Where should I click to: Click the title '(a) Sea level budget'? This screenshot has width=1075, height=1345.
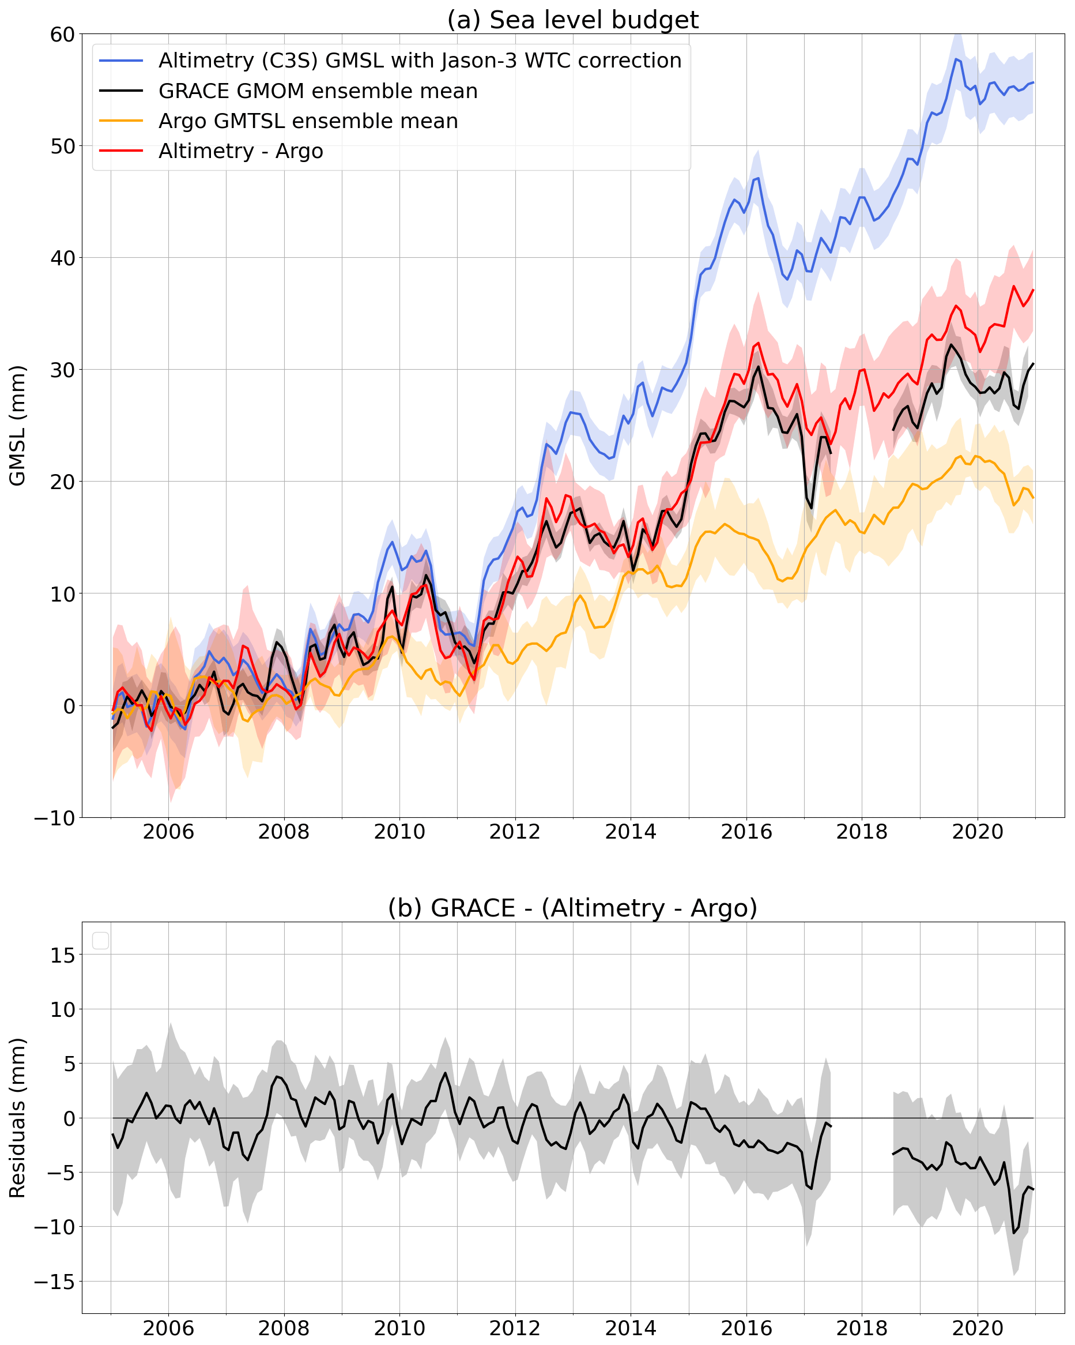coord(572,20)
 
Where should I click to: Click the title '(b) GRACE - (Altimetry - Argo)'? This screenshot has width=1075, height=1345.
coord(572,908)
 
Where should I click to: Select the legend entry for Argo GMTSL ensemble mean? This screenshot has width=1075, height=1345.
coord(308,121)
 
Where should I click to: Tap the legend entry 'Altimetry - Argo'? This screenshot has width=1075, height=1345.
coord(241,151)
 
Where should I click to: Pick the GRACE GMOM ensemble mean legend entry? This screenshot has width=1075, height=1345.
coord(318,91)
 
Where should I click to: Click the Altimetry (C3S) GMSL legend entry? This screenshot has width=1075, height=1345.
coord(420,61)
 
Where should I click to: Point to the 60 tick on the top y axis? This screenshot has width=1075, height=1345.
coord(62,34)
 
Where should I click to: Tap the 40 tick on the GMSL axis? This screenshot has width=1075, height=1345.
coord(62,258)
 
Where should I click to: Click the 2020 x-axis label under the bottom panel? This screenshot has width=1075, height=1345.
coord(977,1328)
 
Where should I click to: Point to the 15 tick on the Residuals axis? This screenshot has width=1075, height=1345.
coord(62,955)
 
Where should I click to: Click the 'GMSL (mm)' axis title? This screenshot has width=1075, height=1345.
coord(17,426)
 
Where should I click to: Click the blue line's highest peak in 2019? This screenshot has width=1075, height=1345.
coord(955,59)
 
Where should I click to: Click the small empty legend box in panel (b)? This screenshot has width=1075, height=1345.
coord(100,941)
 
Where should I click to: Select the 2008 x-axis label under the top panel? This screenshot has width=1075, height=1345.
coord(284,832)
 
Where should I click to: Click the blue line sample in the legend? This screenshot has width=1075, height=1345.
coord(121,61)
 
